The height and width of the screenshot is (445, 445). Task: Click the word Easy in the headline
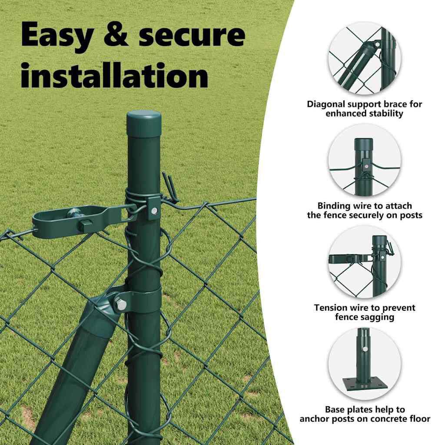tap(57, 36)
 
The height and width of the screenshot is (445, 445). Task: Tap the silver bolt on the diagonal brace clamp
tap(121, 305)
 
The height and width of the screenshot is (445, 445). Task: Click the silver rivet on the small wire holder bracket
tap(154, 210)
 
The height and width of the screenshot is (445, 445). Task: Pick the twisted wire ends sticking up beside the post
tap(170, 187)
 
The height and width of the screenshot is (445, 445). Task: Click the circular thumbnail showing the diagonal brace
tap(365, 59)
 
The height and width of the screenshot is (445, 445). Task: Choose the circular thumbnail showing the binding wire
tap(365, 160)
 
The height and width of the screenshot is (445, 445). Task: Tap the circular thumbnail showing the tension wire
tap(365, 262)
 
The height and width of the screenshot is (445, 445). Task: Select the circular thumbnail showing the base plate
tap(365, 364)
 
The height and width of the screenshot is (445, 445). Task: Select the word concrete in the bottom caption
tap(384, 418)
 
